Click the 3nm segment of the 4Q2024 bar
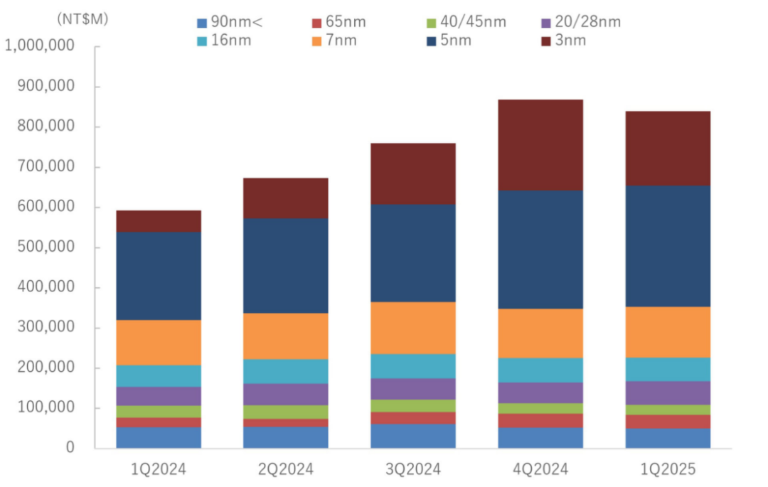540,145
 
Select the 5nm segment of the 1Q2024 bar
159,276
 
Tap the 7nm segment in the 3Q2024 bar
413,328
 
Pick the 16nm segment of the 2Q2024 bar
286,371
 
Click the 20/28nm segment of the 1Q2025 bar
668,392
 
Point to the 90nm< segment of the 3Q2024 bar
413,436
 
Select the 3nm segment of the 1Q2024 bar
159,221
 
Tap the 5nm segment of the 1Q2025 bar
668,246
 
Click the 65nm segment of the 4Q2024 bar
540,420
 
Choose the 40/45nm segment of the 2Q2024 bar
286,412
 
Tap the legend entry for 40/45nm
472,22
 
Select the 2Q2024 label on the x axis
286,470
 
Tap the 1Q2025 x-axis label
668,470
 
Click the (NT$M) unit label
82,19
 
